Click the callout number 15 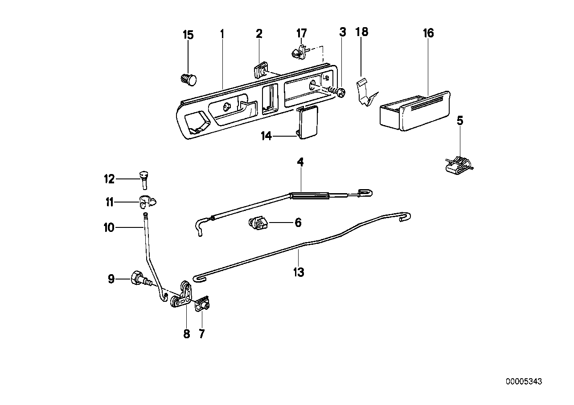[189, 35]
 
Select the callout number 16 [428, 33]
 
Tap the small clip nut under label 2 [260, 70]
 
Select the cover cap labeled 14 [307, 124]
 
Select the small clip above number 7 [202, 304]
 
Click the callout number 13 [298, 272]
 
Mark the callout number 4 [300, 162]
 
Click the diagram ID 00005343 [524, 381]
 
